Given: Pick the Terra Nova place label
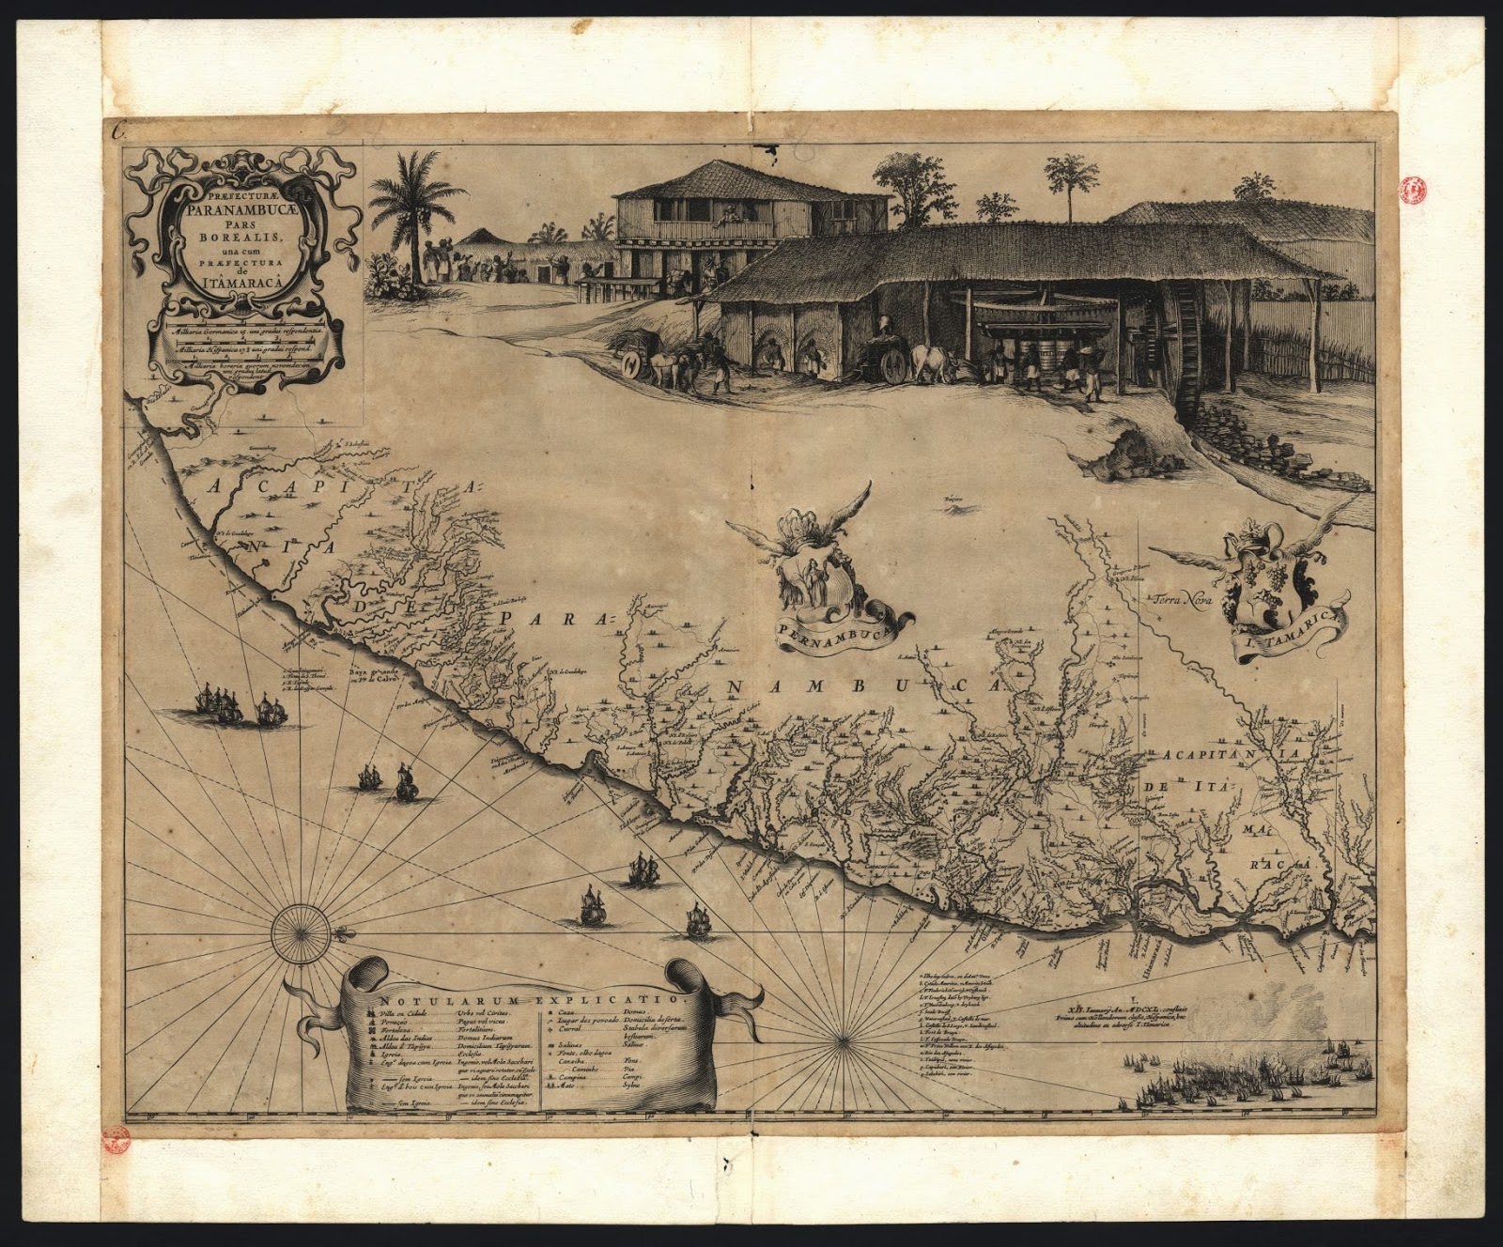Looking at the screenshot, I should click(1185, 598).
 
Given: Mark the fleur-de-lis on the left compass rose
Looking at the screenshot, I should click(344, 936).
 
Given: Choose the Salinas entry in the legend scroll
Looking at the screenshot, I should click(568, 1045).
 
